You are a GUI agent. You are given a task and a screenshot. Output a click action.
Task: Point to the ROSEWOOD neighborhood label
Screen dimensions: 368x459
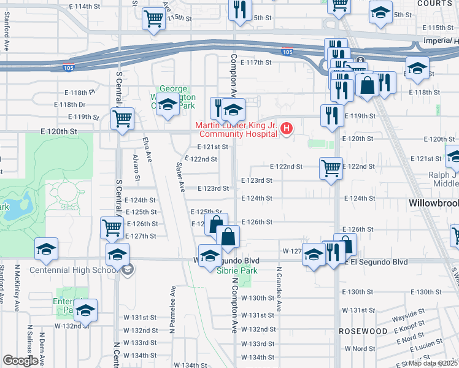pyautogui.click(x=363, y=331)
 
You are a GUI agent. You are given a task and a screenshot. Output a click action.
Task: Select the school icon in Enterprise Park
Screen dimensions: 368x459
pyautogui.click(x=85, y=310)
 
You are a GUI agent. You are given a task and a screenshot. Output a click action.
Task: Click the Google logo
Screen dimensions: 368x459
pyautogui.click(x=20, y=361)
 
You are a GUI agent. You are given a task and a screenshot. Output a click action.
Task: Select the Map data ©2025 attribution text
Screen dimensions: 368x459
pyautogui.click(x=433, y=363)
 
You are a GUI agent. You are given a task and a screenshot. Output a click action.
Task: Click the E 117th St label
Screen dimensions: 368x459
pyautogui.click(x=256, y=63)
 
